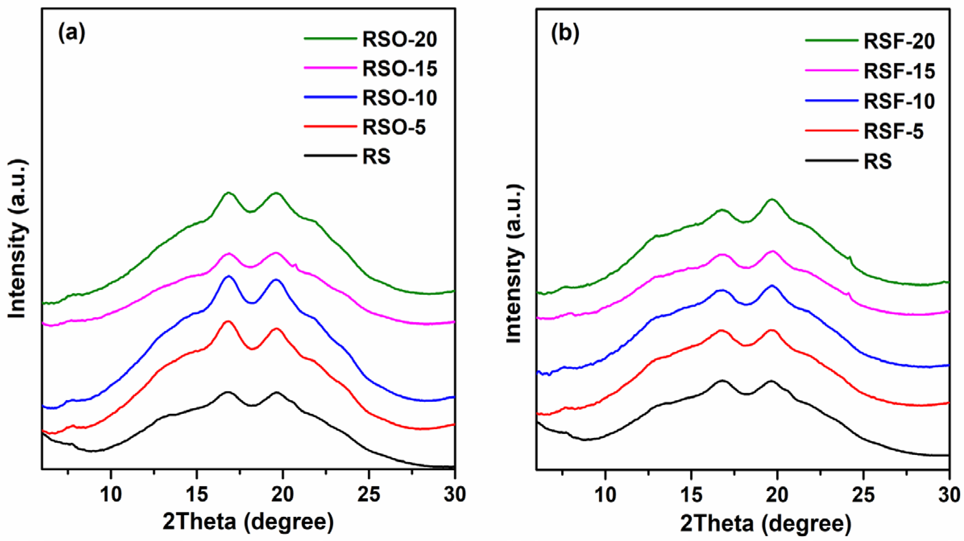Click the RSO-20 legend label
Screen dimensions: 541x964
pyautogui.click(x=399, y=39)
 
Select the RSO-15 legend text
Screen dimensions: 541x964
pyautogui.click(x=399, y=69)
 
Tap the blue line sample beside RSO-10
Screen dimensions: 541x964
pyautogui.click(x=330, y=97)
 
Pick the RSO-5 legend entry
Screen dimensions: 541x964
pyautogui.click(x=394, y=128)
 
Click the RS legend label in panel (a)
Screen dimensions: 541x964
pyautogui.click(x=376, y=157)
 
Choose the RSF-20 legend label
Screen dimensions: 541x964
pyautogui.click(x=899, y=41)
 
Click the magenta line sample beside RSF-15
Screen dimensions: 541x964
pyautogui.click(x=831, y=70)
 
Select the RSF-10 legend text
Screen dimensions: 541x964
pyautogui.click(x=899, y=101)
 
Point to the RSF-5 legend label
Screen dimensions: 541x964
pyautogui.click(x=893, y=132)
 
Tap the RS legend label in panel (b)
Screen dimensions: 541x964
pyautogui.click(x=877, y=162)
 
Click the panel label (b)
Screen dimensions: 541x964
pyautogui.click(x=565, y=33)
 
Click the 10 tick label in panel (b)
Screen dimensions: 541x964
pyautogui.click(x=605, y=494)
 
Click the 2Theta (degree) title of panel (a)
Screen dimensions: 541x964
pyautogui.click(x=248, y=522)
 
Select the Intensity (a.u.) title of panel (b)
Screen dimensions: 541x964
pyautogui.click(x=514, y=264)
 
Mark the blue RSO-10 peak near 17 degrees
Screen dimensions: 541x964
pyautogui.click(x=229, y=276)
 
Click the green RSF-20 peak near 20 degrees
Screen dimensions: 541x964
pyautogui.click(x=772, y=199)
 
